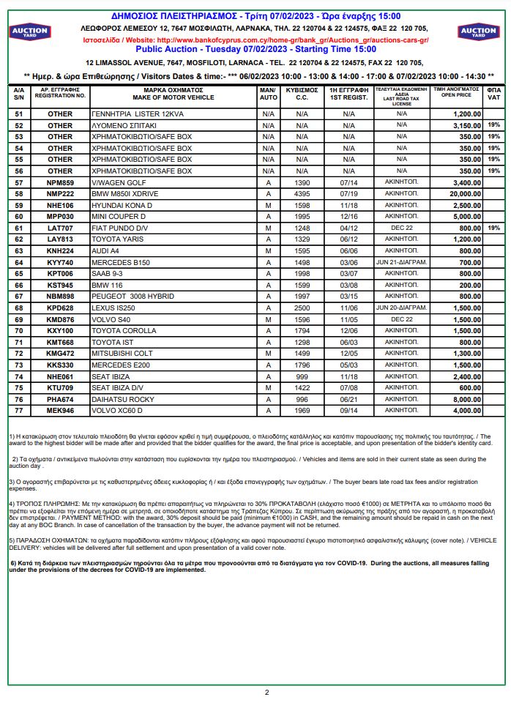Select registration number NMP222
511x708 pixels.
(60, 194)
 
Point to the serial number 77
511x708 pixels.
(19, 411)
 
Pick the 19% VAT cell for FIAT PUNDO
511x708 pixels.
(493, 228)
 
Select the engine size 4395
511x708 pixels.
(302, 194)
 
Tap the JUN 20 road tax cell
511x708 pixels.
(400, 308)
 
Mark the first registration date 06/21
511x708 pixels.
(348, 399)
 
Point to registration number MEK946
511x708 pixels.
(60, 411)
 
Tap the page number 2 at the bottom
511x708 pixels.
(266, 692)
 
